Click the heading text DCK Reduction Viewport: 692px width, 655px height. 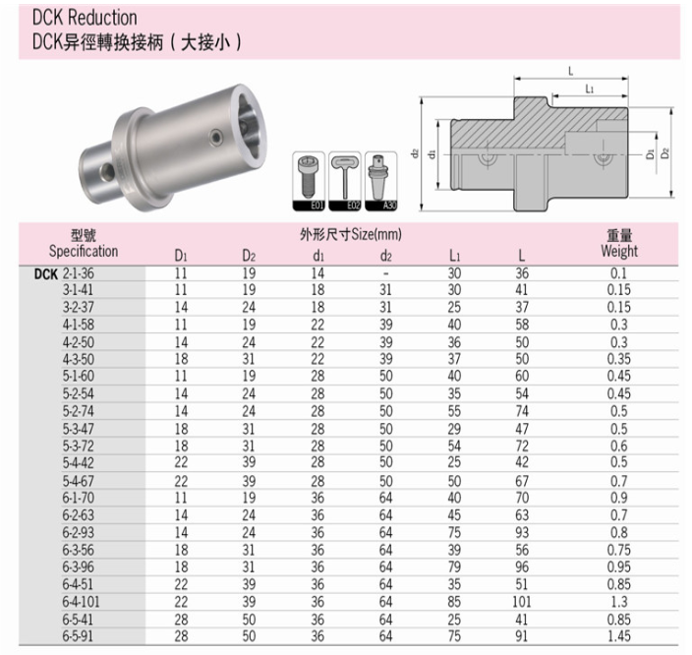(x=85, y=18)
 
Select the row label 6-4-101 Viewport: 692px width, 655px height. (x=81, y=602)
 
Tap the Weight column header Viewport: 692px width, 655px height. (x=619, y=251)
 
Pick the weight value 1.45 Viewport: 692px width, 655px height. (x=618, y=636)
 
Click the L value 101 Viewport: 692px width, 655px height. (x=522, y=602)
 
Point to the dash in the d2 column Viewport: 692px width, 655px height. (x=385, y=273)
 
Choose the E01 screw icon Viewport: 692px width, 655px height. (x=309, y=181)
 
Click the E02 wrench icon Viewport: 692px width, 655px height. (x=345, y=181)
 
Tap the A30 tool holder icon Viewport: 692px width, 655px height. (x=380, y=181)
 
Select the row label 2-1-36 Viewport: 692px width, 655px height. (x=78, y=273)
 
